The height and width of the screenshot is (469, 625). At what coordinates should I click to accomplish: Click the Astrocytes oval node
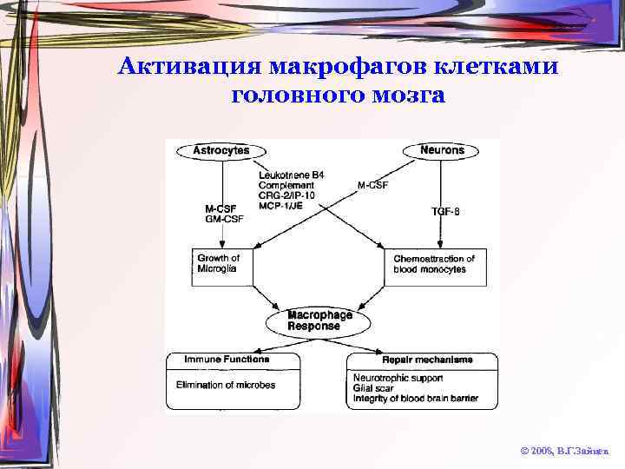coord(220,150)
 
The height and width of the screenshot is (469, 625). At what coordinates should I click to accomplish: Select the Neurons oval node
coord(442,150)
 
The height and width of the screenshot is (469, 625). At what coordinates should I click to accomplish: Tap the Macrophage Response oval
coord(319,320)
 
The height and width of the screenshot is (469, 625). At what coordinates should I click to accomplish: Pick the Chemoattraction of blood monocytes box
coord(435,264)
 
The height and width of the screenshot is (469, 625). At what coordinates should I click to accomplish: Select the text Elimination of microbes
coord(225,384)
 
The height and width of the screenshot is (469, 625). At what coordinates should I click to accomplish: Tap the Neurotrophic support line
coord(398,379)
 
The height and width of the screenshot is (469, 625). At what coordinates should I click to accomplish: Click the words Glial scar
coord(374,389)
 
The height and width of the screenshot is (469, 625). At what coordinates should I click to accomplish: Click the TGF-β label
coord(444,212)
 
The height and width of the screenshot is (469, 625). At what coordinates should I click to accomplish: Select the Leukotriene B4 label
coord(291,175)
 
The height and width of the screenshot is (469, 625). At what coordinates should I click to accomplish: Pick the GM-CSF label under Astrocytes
coord(224,219)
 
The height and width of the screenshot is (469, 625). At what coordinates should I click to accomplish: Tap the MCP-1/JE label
coord(280,205)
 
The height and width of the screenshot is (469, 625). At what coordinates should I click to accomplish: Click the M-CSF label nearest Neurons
coord(373,185)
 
